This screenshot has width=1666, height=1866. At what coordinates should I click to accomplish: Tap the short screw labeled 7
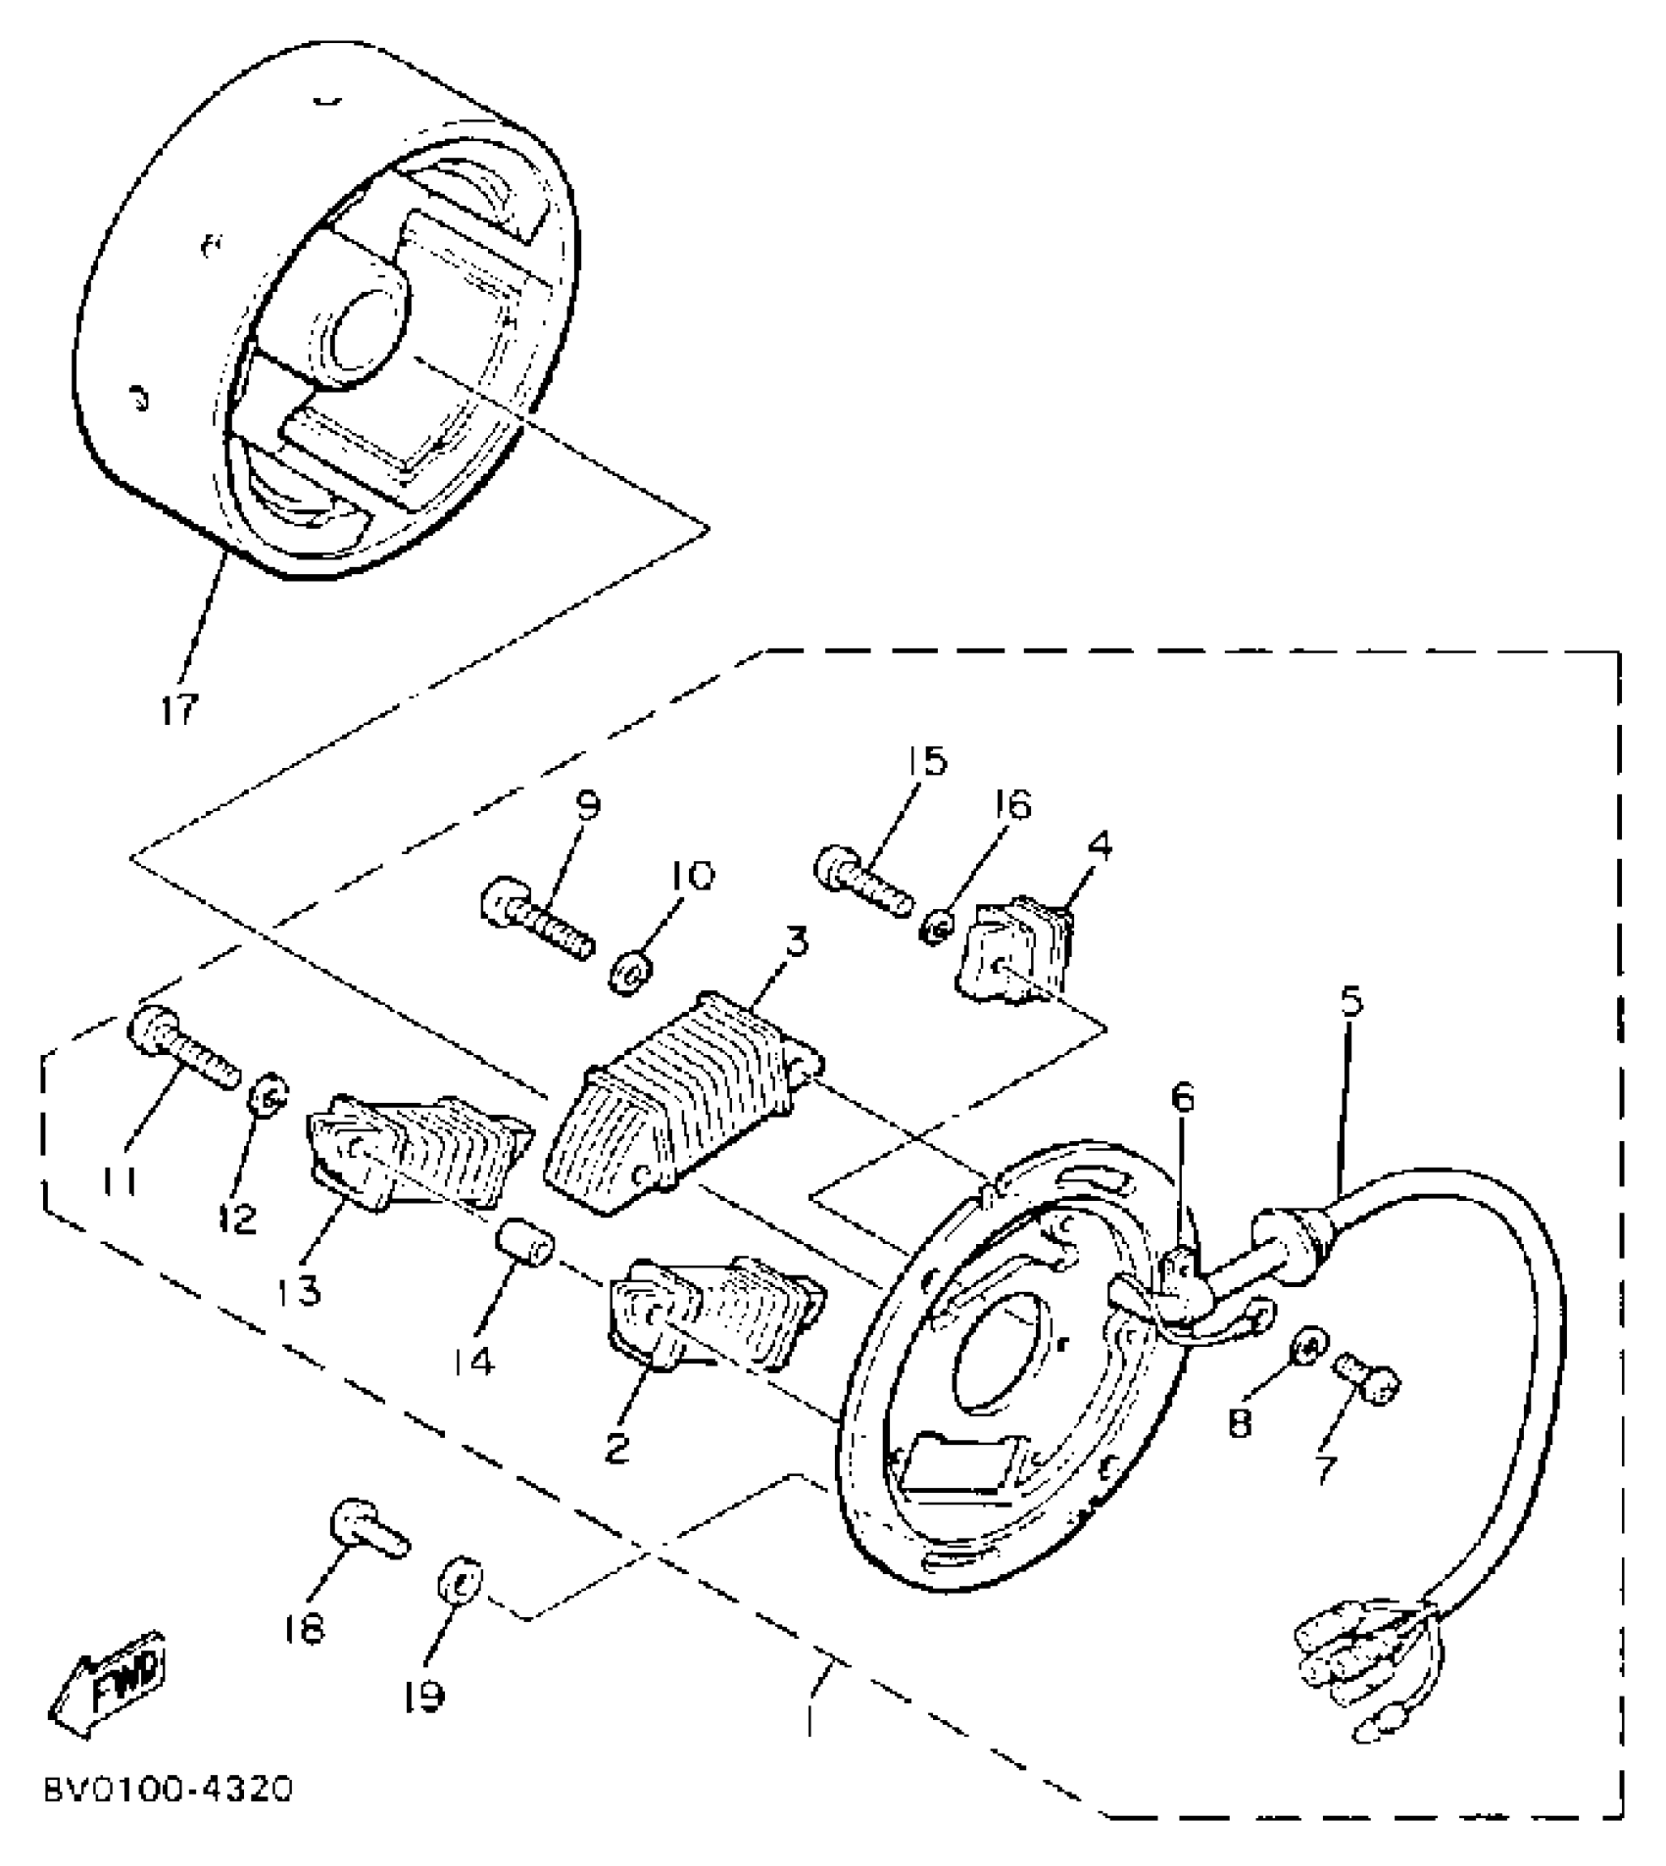[1367, 1380]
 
